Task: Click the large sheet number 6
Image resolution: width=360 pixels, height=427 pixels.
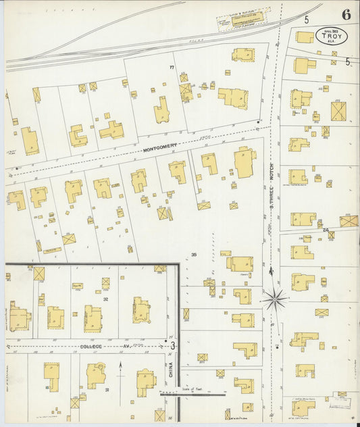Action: (345, 14)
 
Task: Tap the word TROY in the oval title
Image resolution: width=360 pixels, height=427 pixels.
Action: (332, 36)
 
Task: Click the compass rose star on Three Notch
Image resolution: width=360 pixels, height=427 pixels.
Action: (274, 298)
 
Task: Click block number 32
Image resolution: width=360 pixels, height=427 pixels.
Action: (105, 297)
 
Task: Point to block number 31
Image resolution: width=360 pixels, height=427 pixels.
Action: (106, 389)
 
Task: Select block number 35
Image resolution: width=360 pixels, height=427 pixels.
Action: (193, 255)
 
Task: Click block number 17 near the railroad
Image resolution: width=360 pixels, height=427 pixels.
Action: (172, 68)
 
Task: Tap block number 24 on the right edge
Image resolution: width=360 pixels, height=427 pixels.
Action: (325, 230)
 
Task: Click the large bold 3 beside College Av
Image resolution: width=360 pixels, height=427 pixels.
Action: (173, 346)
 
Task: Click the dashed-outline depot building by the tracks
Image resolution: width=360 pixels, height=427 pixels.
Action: (242, 20)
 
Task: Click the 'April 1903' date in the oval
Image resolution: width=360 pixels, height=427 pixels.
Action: (331, 30)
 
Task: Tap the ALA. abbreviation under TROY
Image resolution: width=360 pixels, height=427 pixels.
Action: (332, 41)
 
